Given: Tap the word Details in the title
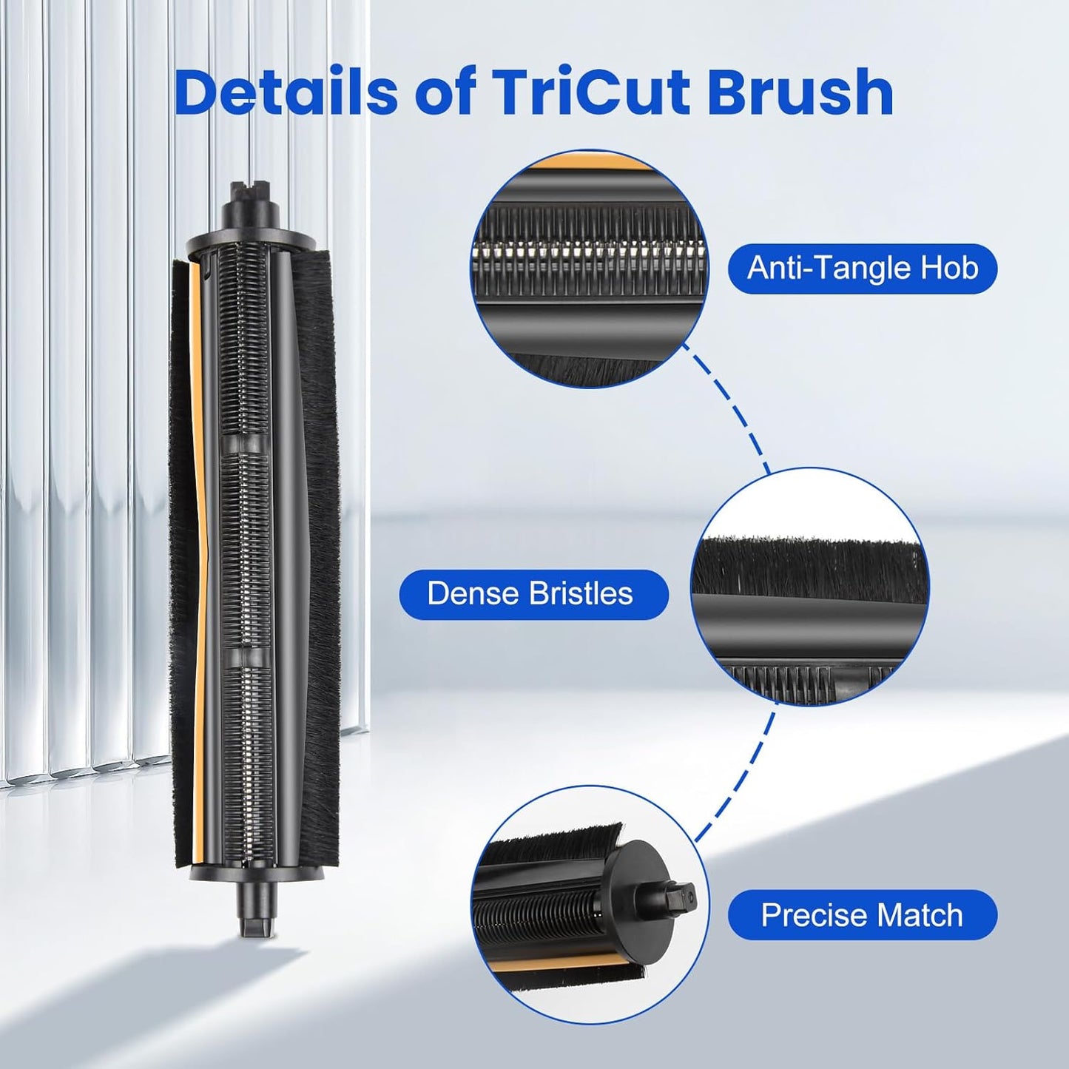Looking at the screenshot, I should coord(286,93).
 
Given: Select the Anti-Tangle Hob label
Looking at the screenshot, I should coord(862,268).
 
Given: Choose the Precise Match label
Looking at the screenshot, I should coord(862,915).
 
